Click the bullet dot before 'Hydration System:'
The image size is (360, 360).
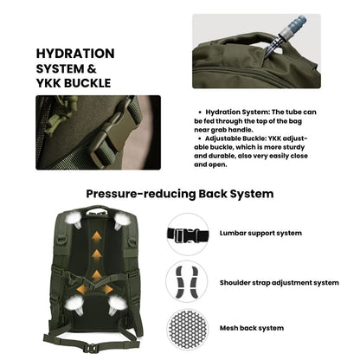[x=202, y=112]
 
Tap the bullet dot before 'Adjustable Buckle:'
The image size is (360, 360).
[x=202, y=138]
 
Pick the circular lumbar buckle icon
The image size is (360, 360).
[x=188, y=234]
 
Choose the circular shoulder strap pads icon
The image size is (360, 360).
[x=188, y=281]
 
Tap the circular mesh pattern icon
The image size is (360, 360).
[x=188, y=328]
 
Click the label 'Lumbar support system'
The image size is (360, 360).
[x=260, y=234]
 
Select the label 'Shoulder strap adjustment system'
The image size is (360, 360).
[x=279, y=282]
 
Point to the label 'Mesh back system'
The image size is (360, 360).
[x=250, y=329]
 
